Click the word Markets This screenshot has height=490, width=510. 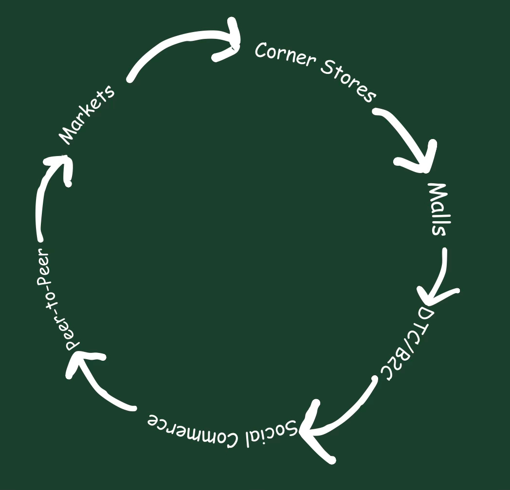point(88,115)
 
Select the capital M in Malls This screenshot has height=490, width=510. point(437,192)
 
